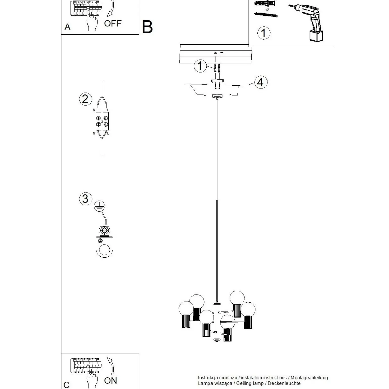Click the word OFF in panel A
pyautogui.click(x=113, y=23)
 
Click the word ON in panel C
pyautogui.click(x=110, y=380)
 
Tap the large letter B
pyautogui.click(x=147, y=27)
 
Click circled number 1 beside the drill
pyautogui.click(x=264, y=33)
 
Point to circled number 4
pyautogui.click(x=260, y=82)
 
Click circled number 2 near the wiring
pyautogui.click(x=85, y=99)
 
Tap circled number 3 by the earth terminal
pyautogui.click(x=85, y=199)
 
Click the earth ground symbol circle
pyautogui.click(x=100, y=206)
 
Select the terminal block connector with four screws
pyautogui.click(x=102, y=121)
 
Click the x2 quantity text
pyautogui.click(x=267, y=10)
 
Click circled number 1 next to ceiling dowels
pyautogui.click(x=200, y=66)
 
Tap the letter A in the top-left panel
pyautogui.click(x=67, y=27)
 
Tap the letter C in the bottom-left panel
pyautogui.click(x=66, y=385)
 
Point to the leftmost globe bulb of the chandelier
pyautogui.click(x=186, y=308)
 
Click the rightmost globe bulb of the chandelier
pyautogui.click(x=248, y=309)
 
